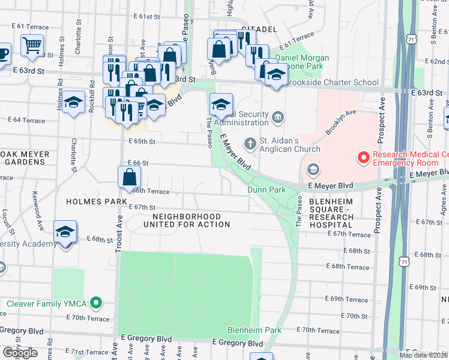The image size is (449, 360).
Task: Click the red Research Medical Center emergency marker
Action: pyautogui.click(x=363, y=158)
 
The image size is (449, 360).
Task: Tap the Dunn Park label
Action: pyautogui.click(x=267, y=190)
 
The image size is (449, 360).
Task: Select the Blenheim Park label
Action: pyautogui.click(x=255, y=330)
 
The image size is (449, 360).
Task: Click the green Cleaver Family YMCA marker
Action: pyautogui.click(x=95, y=303)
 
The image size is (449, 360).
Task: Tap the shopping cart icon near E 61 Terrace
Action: pyautogui.click(x=31, y=44)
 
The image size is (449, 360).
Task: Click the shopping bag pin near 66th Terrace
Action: pyautogui.click(x=129, y=177)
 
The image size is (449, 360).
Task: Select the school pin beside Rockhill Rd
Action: pyautogui.click(x=73, y=103)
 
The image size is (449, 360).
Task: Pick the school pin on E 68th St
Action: pyautogui.click(x=65, y=232)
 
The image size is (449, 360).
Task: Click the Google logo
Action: pyautogui.click(x=20, y=353)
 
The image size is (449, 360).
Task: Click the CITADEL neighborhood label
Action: pyautogui.click(x=258, y=29)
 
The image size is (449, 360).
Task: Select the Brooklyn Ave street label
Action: pyautogui.click(x=341, y=122)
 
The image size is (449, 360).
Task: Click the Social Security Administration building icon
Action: pyautogui.click(x=277, y=116)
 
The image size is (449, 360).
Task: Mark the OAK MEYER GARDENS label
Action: pyautogui.click(x=21, y=157)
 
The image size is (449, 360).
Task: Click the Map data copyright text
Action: pyautogui.click(x=424, y=355)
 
